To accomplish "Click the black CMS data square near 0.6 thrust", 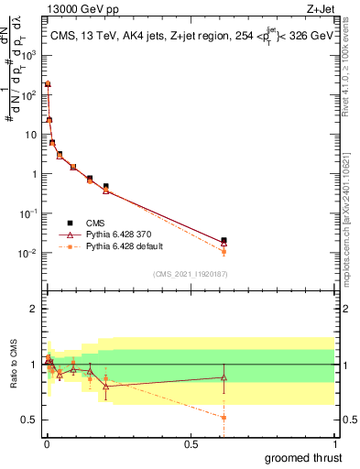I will click(x=224, y=240).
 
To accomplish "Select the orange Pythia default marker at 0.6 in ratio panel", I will click(x=224, y=417).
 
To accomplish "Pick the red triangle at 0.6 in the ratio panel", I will click(x=224, y=376).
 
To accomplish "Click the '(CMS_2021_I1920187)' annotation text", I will click(x=190, y=273).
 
